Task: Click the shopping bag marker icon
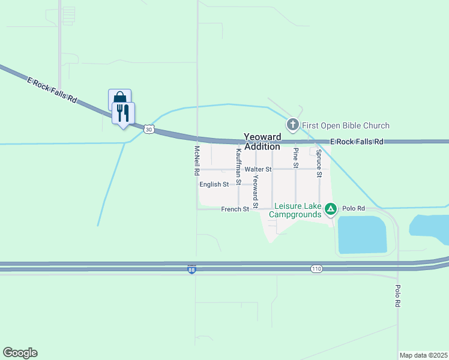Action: [x=119, y=98]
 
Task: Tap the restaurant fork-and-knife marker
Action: [x=123, y=112]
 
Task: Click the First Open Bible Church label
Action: [x=346, y=125]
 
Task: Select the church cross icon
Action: [x=293, y=125]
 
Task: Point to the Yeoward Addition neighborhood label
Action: [x=262, y=142]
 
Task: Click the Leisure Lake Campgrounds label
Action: [x=295, y=210]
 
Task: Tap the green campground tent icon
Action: [x=330, y=209]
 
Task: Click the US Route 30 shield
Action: [x=149, y=128]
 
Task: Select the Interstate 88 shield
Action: [x=191, y=271]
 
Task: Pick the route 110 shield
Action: [x=316, y=269]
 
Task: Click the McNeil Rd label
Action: [x=196, y=160]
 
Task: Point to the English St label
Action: [x=214, y=184]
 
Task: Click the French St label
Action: [x=235, y=209]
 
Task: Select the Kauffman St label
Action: [x=238, y=166]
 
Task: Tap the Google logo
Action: [x=20, y=353]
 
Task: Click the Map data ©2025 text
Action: [x=423, y=355]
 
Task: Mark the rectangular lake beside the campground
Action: [x=362, y=235]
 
